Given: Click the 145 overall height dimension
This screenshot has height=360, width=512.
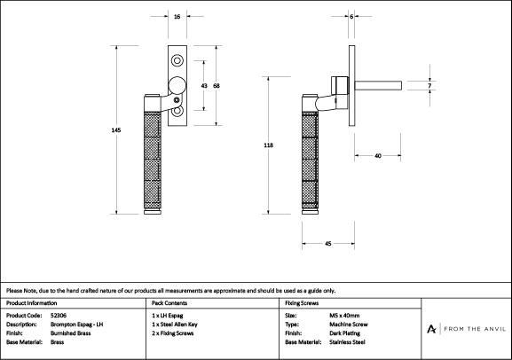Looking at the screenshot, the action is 116,130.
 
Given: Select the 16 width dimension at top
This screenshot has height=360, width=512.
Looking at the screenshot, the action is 177,16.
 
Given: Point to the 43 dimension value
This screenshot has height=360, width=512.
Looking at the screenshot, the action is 204,86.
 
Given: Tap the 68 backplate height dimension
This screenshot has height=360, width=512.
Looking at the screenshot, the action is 217,86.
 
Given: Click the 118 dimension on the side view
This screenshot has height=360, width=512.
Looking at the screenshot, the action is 268,145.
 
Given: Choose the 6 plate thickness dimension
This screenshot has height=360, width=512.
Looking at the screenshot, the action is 351,16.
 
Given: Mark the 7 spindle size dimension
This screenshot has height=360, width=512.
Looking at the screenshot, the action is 429,86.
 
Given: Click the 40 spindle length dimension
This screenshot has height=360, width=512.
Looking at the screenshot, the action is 378,156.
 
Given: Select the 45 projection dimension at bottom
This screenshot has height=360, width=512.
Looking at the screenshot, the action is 328,244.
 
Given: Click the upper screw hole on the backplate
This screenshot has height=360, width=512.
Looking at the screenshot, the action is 177,60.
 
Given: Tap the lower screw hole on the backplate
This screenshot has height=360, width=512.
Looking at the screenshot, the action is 177,111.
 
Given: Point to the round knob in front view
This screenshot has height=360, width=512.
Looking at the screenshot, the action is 177,85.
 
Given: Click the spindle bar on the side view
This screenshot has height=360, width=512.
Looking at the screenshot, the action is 378,86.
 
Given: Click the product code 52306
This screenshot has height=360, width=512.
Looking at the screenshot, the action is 59,316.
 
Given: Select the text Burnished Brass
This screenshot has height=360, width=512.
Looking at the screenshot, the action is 70,333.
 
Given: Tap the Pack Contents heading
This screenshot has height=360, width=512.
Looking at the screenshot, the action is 169,303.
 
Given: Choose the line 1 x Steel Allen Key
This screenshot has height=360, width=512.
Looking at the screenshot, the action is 175,325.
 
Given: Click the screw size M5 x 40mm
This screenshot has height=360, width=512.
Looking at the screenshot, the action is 344,316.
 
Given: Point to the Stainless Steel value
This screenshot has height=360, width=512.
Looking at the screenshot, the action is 347,342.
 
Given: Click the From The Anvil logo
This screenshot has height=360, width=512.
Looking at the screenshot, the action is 466,329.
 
